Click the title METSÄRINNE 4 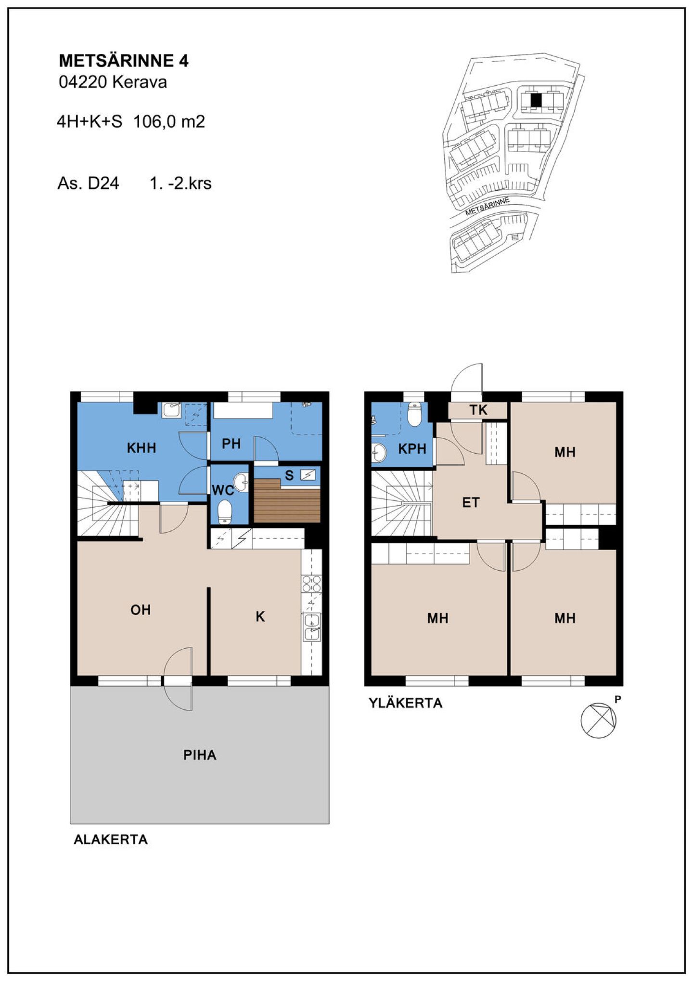pyautogui.click(x=124, y=61)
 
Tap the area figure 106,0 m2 pyautogui.click(x=169, y=121)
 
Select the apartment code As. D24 pyautogui.click(x=88, y=183)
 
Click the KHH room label pyautogui.click(x=141, y=448)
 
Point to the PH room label pyautogui.click(x=231, y=444)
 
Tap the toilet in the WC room pyautogui.click(x=225, y=511)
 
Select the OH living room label pyautogui.click(x=141, y=610)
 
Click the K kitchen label pyautogui.click(x=260, y=616)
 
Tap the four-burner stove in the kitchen pyautogui.click(x=311, y=584)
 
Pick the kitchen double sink pyautogui.click(x=312, y=627)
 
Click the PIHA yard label pyautogui.click(x=200, y=755)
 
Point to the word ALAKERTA pyautogui.click(x=111, y=839)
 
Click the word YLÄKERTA pyautogui.click(x=405, y=703)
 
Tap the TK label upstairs pyautogui.click(x=478, y=410)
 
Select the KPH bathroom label pyautogui.click(x=412, y=449)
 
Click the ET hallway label pyautogui.click(x=471, y=503)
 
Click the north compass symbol pyautogui.click(x=598, y=720)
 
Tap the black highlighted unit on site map pyautogui.click(x=536, y=100)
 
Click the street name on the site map pyautogui.click(x=487, y=206)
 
